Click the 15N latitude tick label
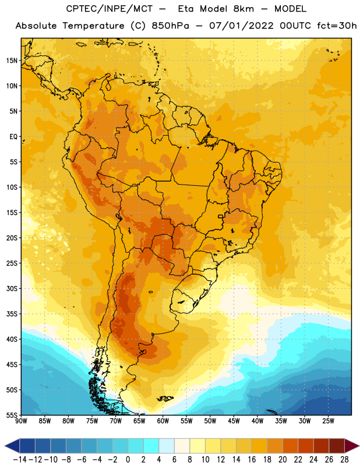(x=12, y=61)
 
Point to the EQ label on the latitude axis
(x=13, y=137)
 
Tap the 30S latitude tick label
(x=12, y=288)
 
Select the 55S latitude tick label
(x=12, y=415)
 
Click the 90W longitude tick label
(x=21, y=421)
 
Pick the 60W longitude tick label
(x=163, y=421)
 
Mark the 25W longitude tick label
(x=328, y=421)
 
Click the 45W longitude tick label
(x=234, y=421)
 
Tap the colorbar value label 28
(x=344, y=460)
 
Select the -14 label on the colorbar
(x=20, y=460)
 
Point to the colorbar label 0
(x=128, y=460)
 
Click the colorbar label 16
(x=252, y=460)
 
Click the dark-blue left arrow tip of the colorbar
(x=5, y=446)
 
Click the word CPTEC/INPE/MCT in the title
(x=109, y=9)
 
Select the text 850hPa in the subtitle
(x=170, y=26)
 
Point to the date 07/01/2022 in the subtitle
(x=241, y=26)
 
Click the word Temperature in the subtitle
(x=93, y=26)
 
